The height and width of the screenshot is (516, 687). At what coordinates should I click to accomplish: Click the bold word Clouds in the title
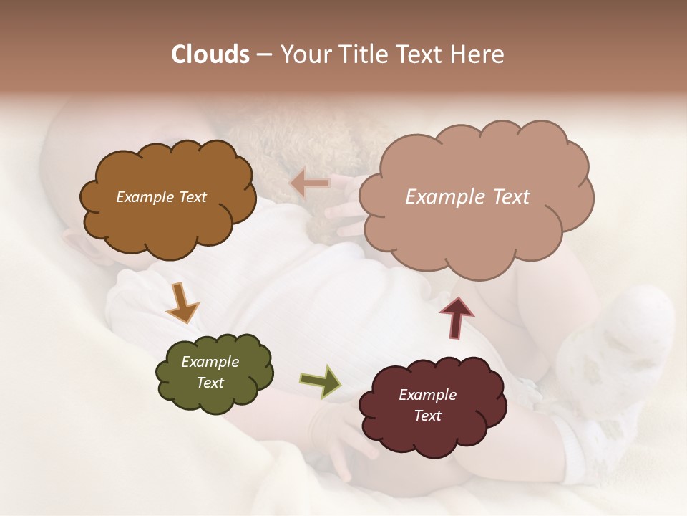(x=210, y=54)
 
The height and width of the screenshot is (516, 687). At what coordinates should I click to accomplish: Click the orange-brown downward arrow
(x=182, y=302)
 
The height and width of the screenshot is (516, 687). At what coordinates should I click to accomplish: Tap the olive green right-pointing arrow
(x=320, y=381)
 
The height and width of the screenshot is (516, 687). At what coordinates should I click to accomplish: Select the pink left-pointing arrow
(x=310, y=183)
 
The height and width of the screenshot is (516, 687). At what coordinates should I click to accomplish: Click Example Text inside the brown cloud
(x=161, y=197)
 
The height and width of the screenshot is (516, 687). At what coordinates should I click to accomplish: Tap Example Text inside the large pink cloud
(x=467, y=197)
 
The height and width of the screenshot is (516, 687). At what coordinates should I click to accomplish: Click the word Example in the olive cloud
(x=210, y=362)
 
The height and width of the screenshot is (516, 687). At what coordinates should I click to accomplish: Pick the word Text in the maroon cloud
(x=427, y=416)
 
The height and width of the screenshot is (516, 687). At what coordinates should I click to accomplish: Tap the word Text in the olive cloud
(x=210, y=383)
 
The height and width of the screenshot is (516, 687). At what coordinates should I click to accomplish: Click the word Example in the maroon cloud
(x=427, y=395)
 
